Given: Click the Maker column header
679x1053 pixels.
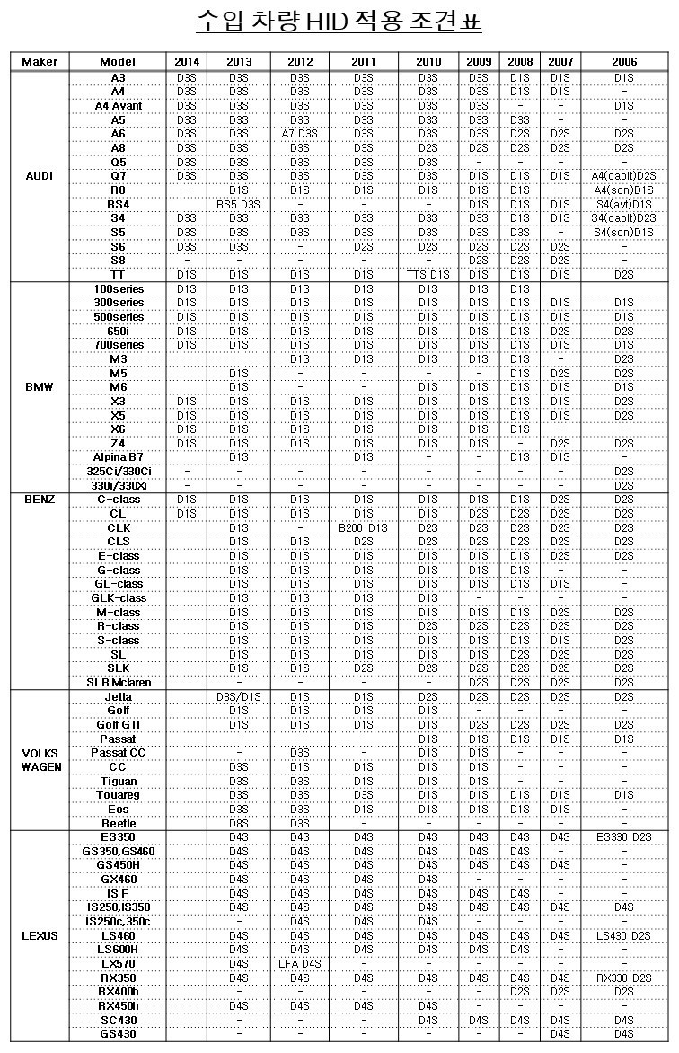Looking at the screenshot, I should pyautogui.click(x=40, y=62).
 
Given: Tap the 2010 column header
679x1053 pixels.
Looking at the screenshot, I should pyautogui.click(x=428, y=62).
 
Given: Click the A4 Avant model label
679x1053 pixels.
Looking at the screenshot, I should pyautogui.click(x=119, y=106).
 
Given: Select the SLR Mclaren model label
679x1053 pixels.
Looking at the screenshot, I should pyautogui.click(x=119, y=683).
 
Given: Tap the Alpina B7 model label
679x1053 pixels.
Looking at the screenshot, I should pyautogui.click(x=119, y=457).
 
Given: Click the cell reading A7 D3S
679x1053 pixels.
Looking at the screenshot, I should pyautogui.click(x=300, y=134).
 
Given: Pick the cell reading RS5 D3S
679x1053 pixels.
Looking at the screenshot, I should pyautogui.click(x=238, y=204).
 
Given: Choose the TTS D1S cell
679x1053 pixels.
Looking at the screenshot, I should pyautogui.click(x=428, y=275).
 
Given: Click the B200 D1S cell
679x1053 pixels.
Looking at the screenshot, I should pyautogui.click(x=363, y=528).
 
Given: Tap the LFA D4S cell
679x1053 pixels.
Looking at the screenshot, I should pyautogui.click(x=300, y=964).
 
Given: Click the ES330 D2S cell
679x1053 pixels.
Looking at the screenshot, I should pyautogui.click(x=624, y=837).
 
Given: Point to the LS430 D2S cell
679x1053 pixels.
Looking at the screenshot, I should pyautogui.click(x=624, y=936).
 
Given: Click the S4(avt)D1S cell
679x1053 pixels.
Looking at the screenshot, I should pyautogui.click(x=624, y=204).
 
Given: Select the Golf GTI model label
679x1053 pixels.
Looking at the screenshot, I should pyautogui.click(x=119, y=725).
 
